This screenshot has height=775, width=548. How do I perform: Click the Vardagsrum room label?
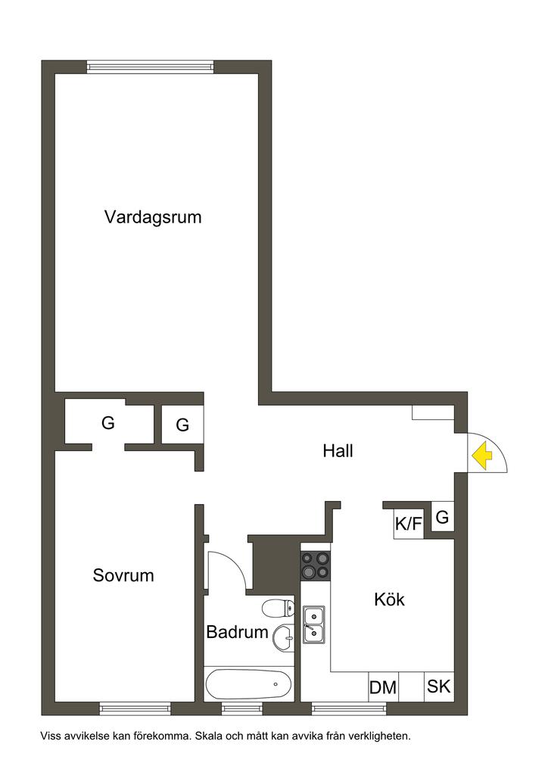[153, 218]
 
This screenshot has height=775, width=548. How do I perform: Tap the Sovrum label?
[123, 575]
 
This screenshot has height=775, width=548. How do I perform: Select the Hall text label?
[338, 451]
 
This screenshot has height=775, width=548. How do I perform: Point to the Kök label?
[389, 599]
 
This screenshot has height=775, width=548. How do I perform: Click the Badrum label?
[237, 632]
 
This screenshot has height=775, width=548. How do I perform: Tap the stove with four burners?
[316, 565]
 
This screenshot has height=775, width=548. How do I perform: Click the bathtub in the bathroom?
[248, 685]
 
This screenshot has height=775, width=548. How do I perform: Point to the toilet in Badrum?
[279, 607]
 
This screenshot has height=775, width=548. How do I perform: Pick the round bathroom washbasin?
[284, 637]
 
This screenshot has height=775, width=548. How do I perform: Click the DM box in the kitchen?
[383, 687]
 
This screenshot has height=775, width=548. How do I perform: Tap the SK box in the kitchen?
[438, 686]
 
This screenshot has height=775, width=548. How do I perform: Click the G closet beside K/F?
[442, 518]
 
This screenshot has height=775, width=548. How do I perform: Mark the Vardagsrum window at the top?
[150, 67]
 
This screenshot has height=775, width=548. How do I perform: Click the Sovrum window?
[135, 708]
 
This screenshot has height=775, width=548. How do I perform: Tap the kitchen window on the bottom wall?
[349, 708]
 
